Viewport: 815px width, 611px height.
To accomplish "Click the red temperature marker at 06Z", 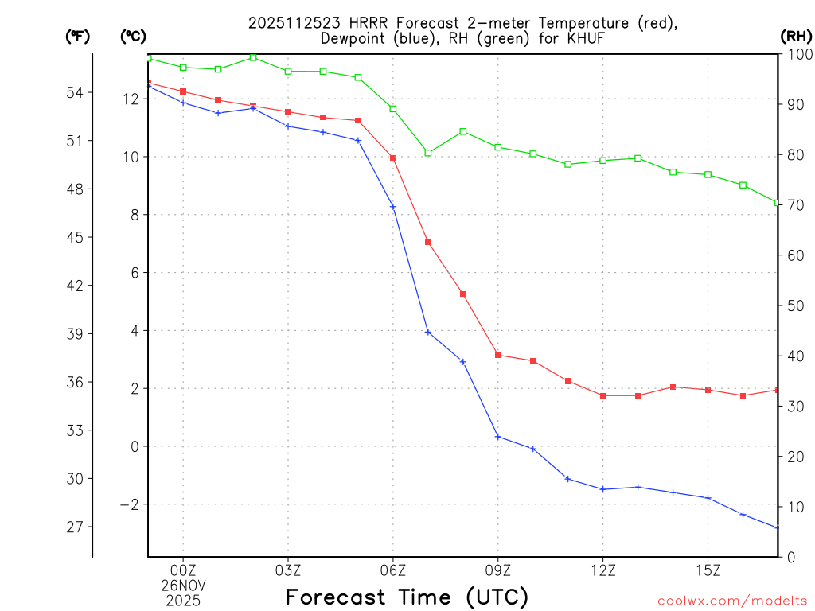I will (393, 158).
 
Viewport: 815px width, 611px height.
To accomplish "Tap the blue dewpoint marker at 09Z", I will (498, 436).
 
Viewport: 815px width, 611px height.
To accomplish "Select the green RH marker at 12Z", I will (603, 161).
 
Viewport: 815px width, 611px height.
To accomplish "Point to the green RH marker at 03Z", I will (288, 72).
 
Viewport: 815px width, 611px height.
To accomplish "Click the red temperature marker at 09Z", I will (498, 355).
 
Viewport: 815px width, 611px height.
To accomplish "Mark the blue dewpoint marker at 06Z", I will (393, 207).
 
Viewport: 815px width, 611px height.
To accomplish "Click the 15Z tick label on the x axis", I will (708, 570).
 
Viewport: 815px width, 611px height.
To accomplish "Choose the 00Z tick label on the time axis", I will (183, 570).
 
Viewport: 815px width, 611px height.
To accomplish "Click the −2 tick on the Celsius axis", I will (128, 505).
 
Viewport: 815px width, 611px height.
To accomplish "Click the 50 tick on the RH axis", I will (794, 305).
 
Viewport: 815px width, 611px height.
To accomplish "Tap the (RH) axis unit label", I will (796, 36).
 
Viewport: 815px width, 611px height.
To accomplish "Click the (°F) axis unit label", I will (78, 36).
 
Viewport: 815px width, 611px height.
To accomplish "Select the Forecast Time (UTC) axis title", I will (407, 597).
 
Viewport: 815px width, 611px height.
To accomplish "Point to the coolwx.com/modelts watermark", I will (732, 601).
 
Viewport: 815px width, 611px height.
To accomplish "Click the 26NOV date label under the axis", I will (183, 586).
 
